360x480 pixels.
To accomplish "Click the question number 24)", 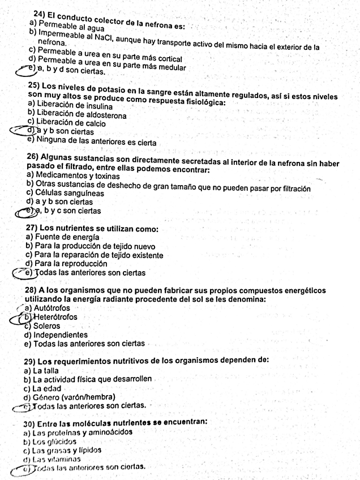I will [40, 13].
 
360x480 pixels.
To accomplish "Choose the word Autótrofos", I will [52, 308].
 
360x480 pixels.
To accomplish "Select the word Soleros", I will [46, 326].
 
